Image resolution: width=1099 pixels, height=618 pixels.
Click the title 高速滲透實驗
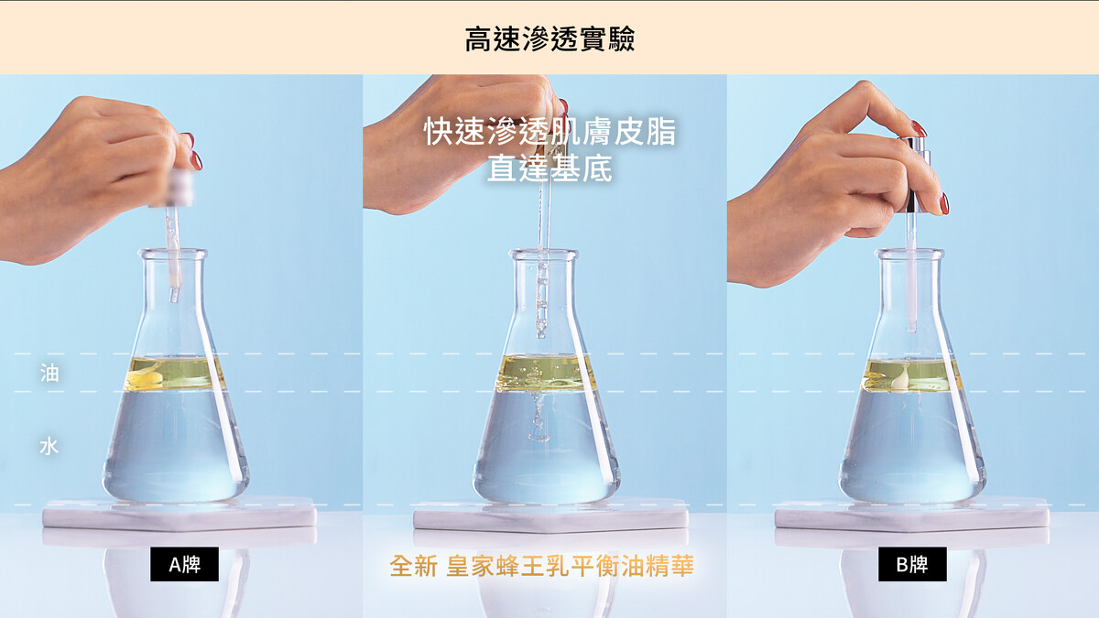point(549,39)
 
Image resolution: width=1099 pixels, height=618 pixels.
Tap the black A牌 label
point(184,564)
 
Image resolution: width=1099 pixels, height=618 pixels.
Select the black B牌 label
point(912,564)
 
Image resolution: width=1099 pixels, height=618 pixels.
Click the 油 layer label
point(49,373)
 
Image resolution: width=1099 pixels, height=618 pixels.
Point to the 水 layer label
point(49,447)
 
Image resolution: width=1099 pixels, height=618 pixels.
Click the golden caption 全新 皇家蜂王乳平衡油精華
point(541,566)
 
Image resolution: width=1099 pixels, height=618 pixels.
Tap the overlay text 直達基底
point(549,168)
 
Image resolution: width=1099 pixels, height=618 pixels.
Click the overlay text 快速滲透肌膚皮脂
point(549,131)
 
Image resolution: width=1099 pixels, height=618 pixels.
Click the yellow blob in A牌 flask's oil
point(145,376)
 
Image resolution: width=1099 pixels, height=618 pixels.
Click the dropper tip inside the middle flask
point(541,334)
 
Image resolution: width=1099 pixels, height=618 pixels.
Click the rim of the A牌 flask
point(172,255)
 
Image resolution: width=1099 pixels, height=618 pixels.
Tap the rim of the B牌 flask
point(909,255)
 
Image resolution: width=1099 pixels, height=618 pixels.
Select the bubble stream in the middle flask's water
point(539,417)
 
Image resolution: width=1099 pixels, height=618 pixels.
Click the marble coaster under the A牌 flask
point(180,514)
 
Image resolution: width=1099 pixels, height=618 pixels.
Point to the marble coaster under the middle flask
point(550,515)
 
